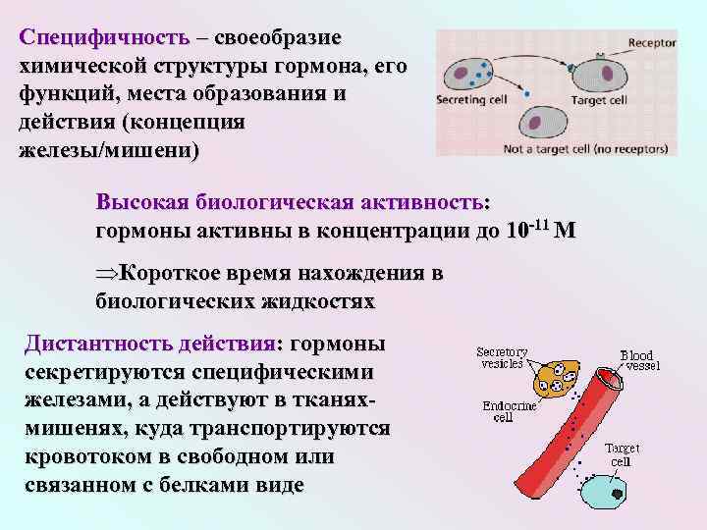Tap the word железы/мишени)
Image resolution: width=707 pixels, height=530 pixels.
[108, 151]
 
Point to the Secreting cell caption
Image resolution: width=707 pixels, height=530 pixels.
[470, 100]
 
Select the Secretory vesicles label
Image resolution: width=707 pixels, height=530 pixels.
[502, 357]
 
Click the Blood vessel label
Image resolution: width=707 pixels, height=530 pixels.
[639, 360]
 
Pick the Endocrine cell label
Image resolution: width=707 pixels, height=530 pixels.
[507, 410]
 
